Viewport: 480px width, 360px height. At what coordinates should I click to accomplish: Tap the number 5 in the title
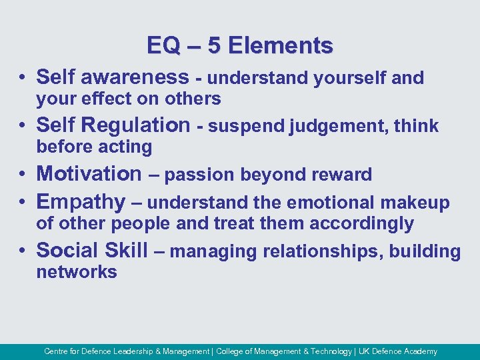point(214,45)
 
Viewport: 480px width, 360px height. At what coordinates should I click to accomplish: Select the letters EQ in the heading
point(163,45)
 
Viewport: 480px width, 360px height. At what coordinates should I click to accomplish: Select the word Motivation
point(89,173)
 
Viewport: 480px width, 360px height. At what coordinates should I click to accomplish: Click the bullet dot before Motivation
point(23,175)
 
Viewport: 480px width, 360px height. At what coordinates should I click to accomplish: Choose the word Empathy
point(81,201)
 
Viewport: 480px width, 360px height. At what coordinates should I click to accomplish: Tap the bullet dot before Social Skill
point(23,251)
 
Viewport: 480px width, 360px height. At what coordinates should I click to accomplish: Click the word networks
point(77,272)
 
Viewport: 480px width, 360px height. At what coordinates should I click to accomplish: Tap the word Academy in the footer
point(421,351)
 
